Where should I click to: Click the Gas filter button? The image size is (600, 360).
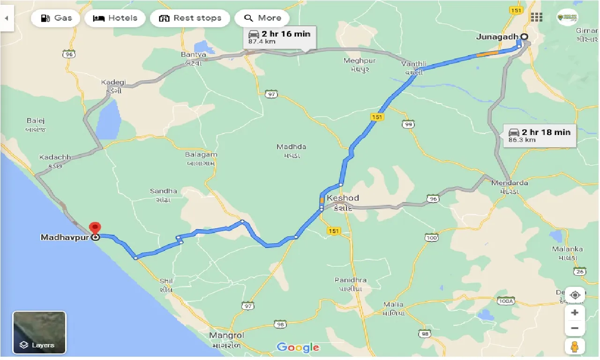pos(56,18)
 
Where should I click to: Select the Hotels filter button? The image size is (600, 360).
pos(115,18)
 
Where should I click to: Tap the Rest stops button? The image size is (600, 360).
pos(190,18)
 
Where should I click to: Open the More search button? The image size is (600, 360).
pos(262,18)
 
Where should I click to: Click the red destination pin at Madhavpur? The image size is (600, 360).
pos(95,229)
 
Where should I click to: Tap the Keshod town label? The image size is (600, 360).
pos(343,198)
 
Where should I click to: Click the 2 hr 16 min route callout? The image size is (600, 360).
pos(279,37)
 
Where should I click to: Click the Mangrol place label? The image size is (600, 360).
pos(227,336)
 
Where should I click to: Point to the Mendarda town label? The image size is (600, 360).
pos(510,183)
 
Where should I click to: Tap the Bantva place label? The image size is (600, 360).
pos(194,55)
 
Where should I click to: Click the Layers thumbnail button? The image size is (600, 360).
pos(39,332)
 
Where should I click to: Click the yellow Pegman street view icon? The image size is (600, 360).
pos(575,346)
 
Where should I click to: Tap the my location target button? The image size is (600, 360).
pos(575,295)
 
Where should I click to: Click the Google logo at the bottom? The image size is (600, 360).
pos(298,347)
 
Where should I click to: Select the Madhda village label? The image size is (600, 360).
pos(291,147)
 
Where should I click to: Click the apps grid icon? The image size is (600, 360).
pos(536,17)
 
